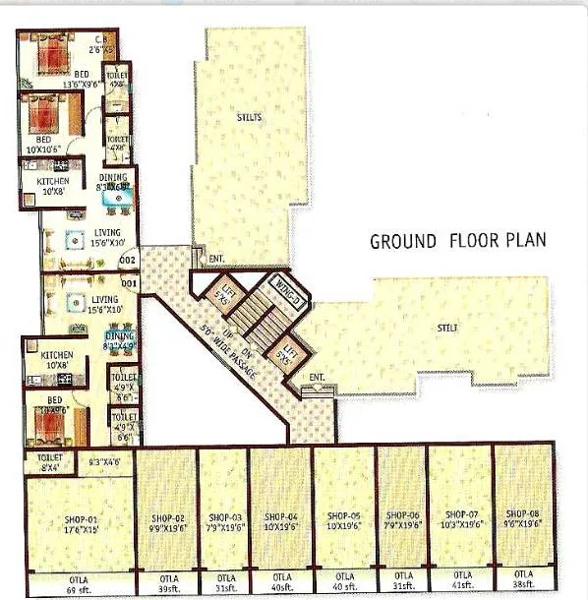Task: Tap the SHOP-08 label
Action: click(521, 514)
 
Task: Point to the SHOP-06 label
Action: click(402, 515)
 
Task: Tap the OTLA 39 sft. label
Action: click(166, 581)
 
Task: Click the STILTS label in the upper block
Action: click(250, 117)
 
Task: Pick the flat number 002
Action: click(127, 261)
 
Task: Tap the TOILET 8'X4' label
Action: click(48, 461)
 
